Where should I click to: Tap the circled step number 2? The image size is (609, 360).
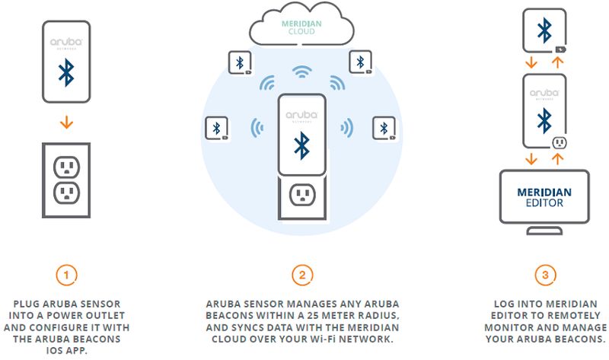pyautogui.click(x=304, y=272)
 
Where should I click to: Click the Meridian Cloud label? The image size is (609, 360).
pyautogui.click(x=303, y=27)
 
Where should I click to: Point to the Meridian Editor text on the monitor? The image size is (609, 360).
pyautogui.click(x=544, y=196)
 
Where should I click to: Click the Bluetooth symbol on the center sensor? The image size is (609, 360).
pyautogui.click(x=303, y=144)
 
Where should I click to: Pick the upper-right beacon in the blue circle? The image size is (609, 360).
pyautogui.click(x=359, y=63)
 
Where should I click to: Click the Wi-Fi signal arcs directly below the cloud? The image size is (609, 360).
pyautogui.click(x=304, y=73)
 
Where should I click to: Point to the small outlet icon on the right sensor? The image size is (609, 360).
pyautogui.click(x=558, y=142)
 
